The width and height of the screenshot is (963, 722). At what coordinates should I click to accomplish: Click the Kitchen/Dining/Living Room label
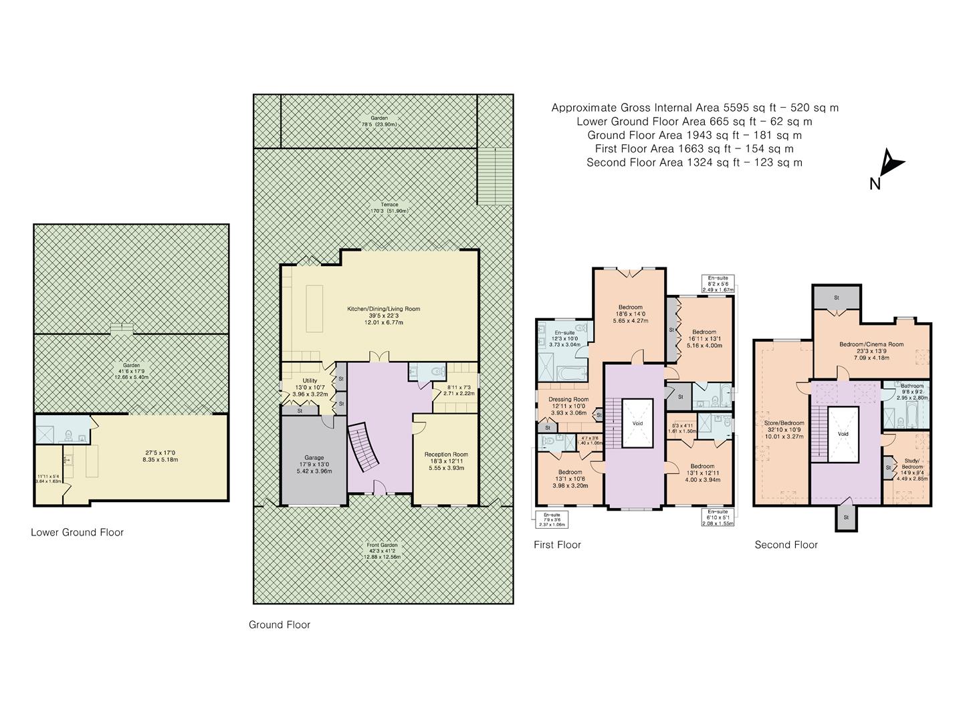point(383,309)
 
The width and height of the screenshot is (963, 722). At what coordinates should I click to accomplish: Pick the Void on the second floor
point(843,433)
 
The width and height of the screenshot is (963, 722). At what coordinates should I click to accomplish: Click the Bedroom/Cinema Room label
point(871,344)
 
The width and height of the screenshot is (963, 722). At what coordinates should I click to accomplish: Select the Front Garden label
point(383,544)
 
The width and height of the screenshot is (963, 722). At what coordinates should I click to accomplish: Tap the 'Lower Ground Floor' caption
point(77,532)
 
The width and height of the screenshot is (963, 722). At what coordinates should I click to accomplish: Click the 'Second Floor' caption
point(786,544)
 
